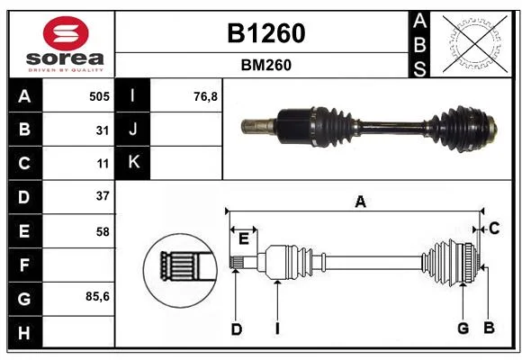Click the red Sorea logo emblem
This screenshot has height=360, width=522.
pyautogui.click(x=66, y=33)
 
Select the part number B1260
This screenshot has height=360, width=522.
pyautogui.click(x=266, y=33)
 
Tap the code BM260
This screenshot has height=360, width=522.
pyautogui.click(x=266, y=65)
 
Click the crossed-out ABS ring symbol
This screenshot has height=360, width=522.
pyautogui.click(x=475, y=44)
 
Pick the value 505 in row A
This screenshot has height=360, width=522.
pyautogui.click(x=99, y=96)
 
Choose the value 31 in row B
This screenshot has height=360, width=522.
pyautogui.click(x=103, y=130)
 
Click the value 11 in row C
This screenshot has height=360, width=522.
pyautogui.click(x=103, y=164)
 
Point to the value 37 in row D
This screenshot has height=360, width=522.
pyautogui.click(x=103, y=196)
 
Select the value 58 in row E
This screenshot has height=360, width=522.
pyautogui.click(x=103, y=231)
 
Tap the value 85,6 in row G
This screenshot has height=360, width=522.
pyautogui.click(x=97, y=296)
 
